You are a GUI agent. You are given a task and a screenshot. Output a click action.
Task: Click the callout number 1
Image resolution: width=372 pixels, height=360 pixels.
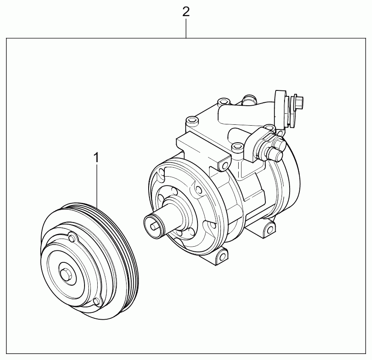(x=96, y=157)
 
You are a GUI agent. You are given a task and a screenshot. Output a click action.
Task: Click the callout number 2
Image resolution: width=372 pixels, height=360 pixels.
(x=186, y=11)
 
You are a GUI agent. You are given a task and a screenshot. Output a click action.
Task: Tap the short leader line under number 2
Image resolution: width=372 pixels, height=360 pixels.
(x=186, y=28)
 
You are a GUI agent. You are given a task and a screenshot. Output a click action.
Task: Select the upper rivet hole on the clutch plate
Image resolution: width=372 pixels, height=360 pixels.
(x=72, y=237)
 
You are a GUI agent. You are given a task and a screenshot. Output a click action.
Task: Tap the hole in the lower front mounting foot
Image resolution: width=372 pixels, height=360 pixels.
(x=222, y=257)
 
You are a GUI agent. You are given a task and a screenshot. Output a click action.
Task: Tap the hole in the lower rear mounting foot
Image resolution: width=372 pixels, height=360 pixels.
(x=270, y=230)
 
